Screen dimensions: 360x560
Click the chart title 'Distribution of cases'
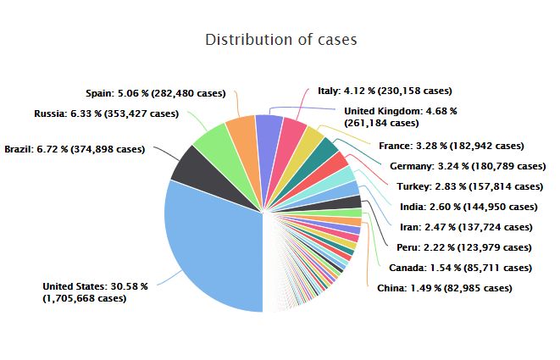point(281,40)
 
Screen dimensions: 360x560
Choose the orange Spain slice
point(242,134)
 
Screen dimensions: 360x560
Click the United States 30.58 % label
point(95,292)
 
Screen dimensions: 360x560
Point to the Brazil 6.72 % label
point(75,149)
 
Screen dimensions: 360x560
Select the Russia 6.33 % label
point(106,113)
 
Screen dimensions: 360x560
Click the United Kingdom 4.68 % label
point(401,116)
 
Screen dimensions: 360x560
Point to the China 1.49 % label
point(444,288)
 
